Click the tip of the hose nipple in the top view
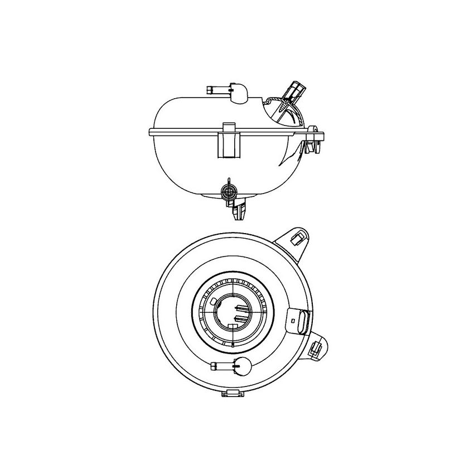point(213,366)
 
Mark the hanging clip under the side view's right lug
point(310,146)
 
